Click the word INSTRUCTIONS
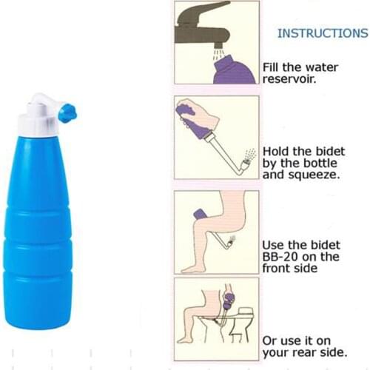[x=322, y=33]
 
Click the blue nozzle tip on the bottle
[x=67, y=113]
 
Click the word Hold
[x=277, y=152]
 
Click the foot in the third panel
[x=194, y=266]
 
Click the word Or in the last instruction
[x=271, y=340]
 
